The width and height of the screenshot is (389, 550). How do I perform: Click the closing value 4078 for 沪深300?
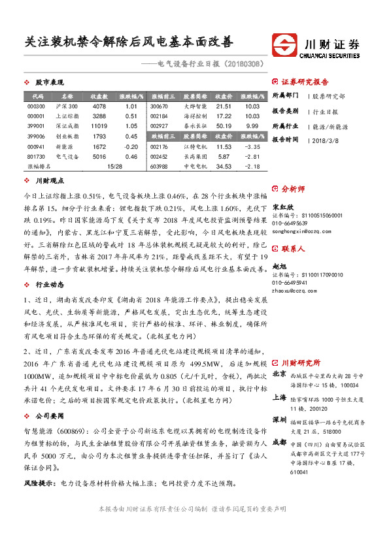coord(99,106)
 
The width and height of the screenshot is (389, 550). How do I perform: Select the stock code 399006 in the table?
coord(37,136)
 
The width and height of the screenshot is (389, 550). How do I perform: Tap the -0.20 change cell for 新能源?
coord(131,146)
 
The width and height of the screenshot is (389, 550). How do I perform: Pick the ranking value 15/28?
coord(115,167)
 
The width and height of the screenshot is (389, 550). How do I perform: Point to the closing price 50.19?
coord(224,125)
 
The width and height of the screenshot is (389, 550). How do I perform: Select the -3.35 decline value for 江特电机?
coord(252,147)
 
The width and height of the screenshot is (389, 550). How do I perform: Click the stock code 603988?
coord(159,167)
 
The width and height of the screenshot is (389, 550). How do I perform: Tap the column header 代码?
coord(37,96)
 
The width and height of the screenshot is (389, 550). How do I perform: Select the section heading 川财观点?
coord(49,180)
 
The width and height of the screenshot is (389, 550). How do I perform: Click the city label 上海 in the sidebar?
coord(279,397)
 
